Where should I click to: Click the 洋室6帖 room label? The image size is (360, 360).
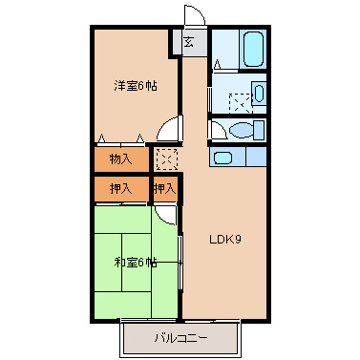click(x=136, y=86)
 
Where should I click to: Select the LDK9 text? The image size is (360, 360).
click(x=224, y=239)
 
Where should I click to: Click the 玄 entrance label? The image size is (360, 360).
click(x=189, y=42)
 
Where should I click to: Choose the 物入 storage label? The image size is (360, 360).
click(x=120, y=158)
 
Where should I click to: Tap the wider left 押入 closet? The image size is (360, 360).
click(x=120, y=189)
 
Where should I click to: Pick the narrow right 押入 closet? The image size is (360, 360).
click(x=165, y=189)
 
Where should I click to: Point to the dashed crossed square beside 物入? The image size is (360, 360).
click(x=166, y=158)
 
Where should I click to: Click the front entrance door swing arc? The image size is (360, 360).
click(x=194, y=14)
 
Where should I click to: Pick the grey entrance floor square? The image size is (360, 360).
click(x=189, y=42)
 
